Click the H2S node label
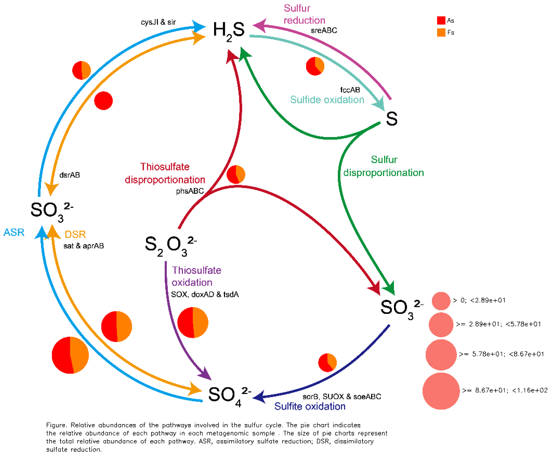point(229,30)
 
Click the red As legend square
point(441,20)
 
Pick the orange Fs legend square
point(441,32)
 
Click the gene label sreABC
point(324,31)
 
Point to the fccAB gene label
point(350,90)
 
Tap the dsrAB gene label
point(70,175)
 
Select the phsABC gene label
point(190,191)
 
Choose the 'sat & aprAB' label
point(84,246)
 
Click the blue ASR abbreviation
point(14,232)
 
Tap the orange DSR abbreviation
point(75,234)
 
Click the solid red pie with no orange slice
point(103,101)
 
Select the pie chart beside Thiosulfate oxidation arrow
point(193,322)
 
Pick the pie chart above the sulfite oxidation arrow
point(327,363)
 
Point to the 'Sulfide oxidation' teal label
point(327,100)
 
